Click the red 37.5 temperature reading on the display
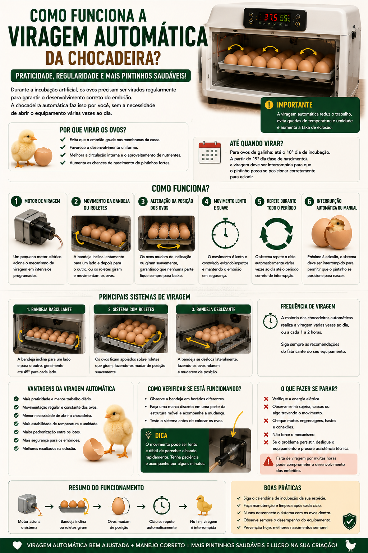click(x=270, y=18)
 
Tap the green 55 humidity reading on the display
click(x=284, y=18)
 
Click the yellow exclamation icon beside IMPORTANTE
click(x=269, y=105)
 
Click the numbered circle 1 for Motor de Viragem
click(x=16, y=201)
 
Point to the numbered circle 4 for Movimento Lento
click(x=207, y=202)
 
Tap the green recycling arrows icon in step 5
click(x=276, y=234)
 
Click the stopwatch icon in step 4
click(x=225, y=233)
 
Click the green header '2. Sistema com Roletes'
click(x=131, y=309)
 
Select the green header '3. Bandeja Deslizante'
click(x=213, y=309)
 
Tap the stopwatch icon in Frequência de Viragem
click(x=270, y=321)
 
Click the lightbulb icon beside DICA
click(x=148, y=435)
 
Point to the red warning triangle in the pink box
click(x=268, y=461)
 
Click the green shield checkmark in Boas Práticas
click(x=350, y=521)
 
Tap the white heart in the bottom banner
click(x=17, y=545)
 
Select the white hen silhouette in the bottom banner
click(x=350, y=545)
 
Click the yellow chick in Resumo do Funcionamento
click(x=204, y=505)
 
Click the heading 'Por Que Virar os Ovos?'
click(x=93, y=130)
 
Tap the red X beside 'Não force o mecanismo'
click(x=266, y=435)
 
